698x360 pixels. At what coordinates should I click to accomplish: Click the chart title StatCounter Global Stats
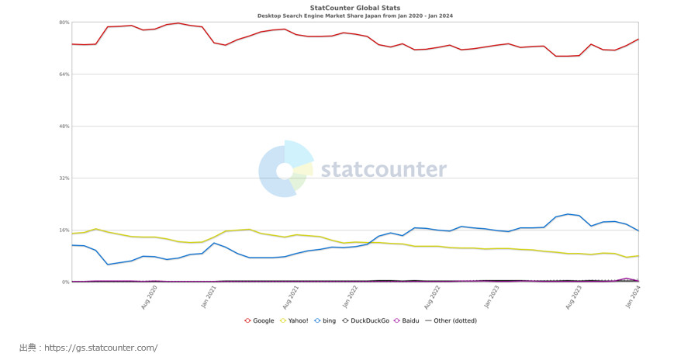pyautogui.click(x=349, y=7)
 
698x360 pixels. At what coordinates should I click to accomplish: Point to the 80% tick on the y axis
pyautogui.click(x=64, y=22)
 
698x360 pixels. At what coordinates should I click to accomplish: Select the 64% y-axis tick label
pyautogui.click(x=64, y=74)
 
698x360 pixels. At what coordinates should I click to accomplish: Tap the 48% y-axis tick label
pyautogui.click(x=64, y=126)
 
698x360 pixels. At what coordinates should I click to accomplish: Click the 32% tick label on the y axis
pyautogui.click(x=64, y=178)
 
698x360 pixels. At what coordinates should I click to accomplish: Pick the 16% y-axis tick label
pyautogui.click(x=64, y=230)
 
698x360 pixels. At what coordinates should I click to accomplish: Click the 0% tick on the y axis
pyautogui.click(x=66, y=282)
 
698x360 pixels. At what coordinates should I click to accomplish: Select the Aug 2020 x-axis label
pyautogui.click(x=150, y=297)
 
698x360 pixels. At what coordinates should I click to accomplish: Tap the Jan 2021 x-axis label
pyautogui.click(x=209, y=297)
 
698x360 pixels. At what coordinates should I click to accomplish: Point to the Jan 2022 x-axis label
pyautogui.click(x=351, y=297)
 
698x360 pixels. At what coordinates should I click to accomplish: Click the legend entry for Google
pyautogui.click(x=260, y=320)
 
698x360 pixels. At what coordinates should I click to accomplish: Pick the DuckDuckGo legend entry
pyautogui.click(x=366, y=320)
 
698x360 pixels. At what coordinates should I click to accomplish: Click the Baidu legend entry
pyautogui.click(x=409, y=320)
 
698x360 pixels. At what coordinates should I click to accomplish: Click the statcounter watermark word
pyautogui.click(x=383, y=170)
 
